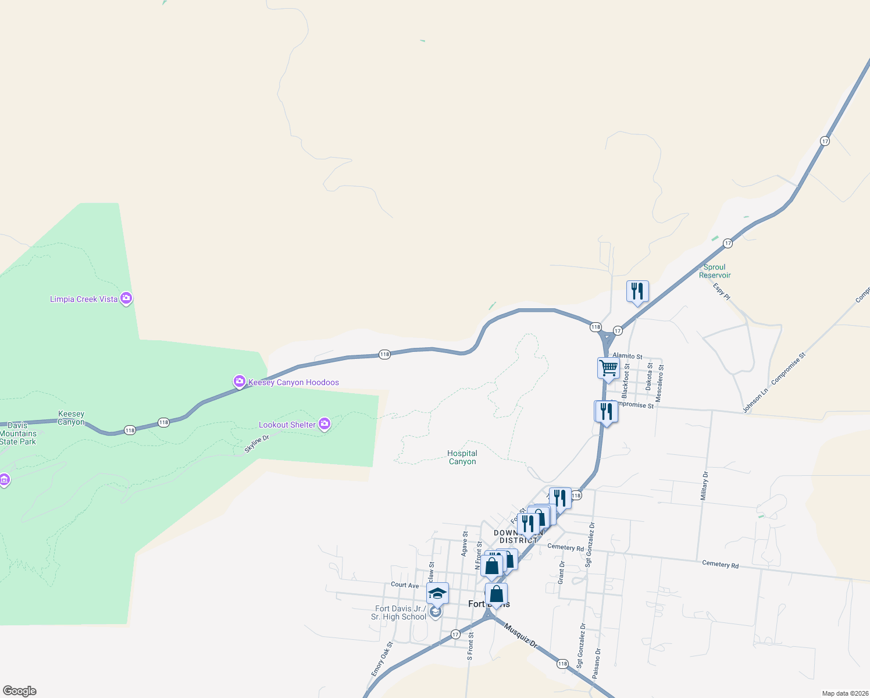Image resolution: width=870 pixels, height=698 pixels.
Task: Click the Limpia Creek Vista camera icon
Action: (126, 298)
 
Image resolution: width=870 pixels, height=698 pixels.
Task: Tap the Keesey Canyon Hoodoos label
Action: (293, 382)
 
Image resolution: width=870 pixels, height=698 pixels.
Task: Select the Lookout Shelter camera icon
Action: (325, 425)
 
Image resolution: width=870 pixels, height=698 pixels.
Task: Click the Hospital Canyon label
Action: (462, 457)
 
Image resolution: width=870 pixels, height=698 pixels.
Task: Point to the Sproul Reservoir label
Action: (715, 271)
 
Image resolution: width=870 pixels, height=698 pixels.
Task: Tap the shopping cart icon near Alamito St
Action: (608, 368)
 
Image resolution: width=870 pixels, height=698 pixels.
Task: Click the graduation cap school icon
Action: (437, 593)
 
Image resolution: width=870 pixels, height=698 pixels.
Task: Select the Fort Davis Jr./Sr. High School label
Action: (399, 612)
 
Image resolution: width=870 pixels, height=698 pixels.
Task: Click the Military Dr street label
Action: (704, 486)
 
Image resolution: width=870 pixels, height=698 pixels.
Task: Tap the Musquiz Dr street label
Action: (521, 635)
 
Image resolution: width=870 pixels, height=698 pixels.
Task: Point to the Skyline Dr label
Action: (256, 443)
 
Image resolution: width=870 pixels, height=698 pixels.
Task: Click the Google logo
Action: (20, 691)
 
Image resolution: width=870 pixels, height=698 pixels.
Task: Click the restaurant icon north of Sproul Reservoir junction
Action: (637, 291)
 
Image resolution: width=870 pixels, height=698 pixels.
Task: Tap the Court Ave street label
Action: (405, 585)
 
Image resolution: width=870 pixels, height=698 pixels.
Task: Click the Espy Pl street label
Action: (722, 291)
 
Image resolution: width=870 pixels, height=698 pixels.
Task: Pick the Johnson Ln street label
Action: (755, 401)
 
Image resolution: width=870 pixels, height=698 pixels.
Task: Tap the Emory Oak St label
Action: (382, 659)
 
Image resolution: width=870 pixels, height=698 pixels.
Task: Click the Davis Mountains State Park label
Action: (18, 433)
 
